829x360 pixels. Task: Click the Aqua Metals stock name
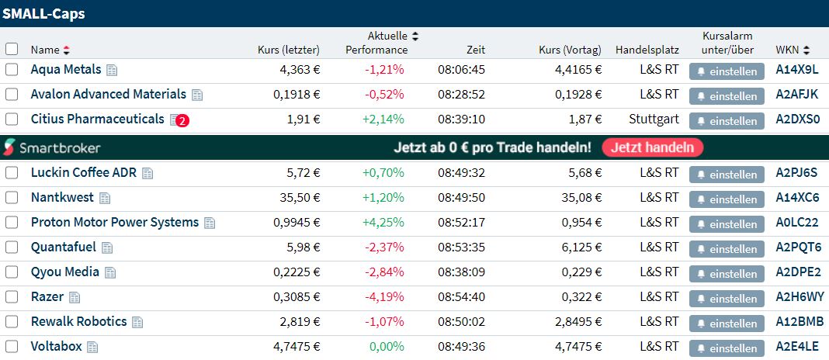[x=66, y=70]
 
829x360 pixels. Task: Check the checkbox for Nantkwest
[x=12, y=198]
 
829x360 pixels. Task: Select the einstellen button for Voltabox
[x=727, y=348]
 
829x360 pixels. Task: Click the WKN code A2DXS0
[x=797, y=120]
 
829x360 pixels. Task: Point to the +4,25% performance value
[x=383, y=223]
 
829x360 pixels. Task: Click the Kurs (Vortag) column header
[x=570, y=50]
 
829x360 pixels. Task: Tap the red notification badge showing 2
[x=182, y=121]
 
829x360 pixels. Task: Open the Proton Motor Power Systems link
[x=115, y=223]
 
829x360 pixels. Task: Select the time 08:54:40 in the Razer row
[x=461, y=297]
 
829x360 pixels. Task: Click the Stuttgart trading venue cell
[x=654, y=120]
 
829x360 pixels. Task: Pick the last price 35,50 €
[x=300, y=198]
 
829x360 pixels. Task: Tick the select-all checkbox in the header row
[x=12, y=49]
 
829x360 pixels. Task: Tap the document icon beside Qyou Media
[x=110, y=273]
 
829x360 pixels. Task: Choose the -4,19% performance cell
[x=383, y=297]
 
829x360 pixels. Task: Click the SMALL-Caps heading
[x=43, y=13]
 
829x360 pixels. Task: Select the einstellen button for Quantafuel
[x=727, y=249]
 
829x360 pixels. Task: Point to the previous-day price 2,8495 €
[x=574, y=322]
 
